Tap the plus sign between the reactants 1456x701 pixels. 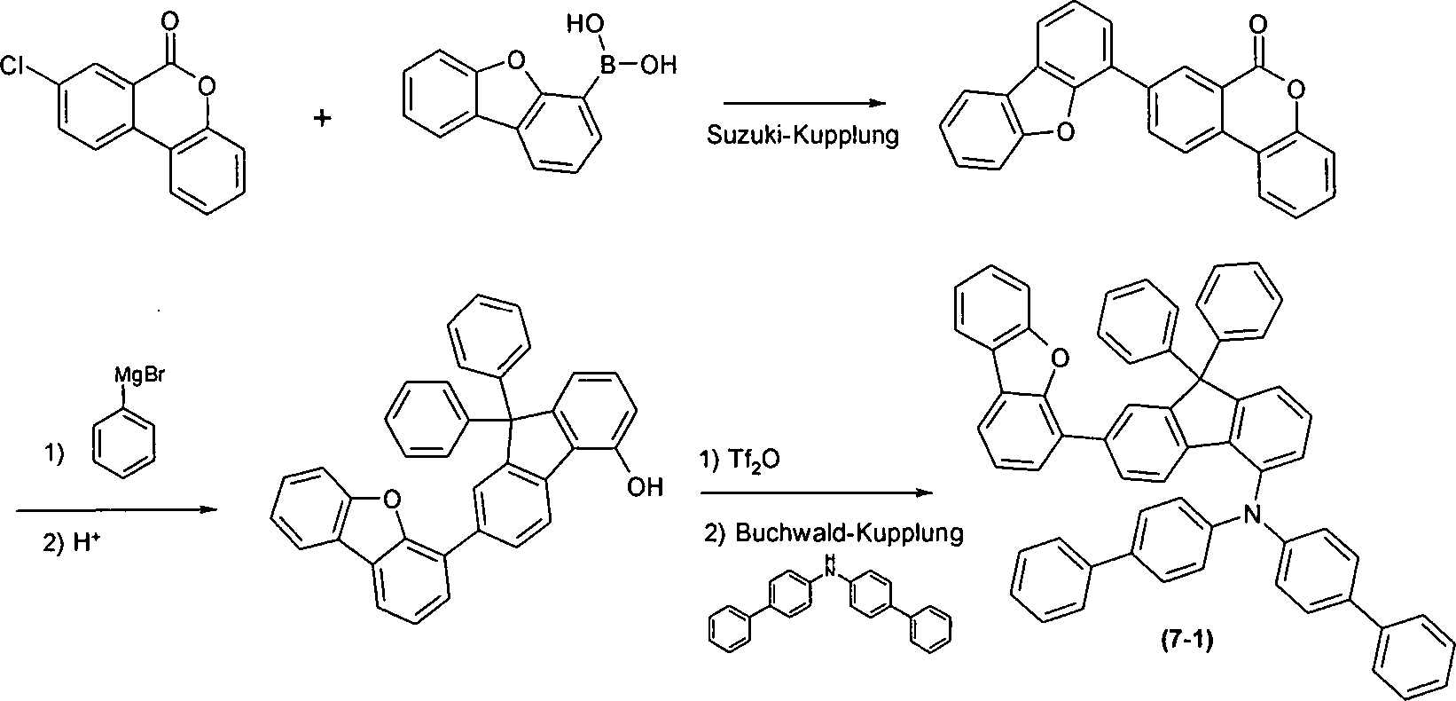[x=323, y=118]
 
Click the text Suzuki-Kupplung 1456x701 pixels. [x=802, y=135]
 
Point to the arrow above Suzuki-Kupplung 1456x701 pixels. [x=804, y=103]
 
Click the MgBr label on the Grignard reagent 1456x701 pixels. [x=139, y=376]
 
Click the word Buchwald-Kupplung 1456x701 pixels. [x=849, y=532]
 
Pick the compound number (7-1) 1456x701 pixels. [x=1187, y=641]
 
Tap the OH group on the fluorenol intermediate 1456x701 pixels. [x=645, y=487]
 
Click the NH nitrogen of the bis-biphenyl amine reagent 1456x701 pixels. [x=829, y=567]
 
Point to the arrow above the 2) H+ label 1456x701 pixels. [x=116, y=510]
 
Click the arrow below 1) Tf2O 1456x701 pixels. [x=817, y=492]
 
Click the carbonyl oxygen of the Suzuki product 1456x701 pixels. [x=1257, y=25]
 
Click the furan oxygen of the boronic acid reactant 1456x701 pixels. [x=515, y=62]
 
